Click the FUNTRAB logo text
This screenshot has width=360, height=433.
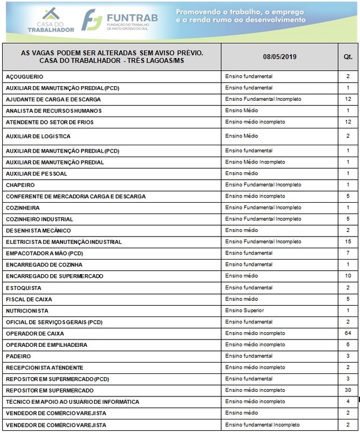[131, 16]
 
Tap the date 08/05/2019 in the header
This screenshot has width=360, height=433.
[279, 57]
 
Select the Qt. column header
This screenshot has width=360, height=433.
[348, 57]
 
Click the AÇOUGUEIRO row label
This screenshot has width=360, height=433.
[24, 77]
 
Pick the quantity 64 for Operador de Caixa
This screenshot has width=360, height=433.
[348, 333]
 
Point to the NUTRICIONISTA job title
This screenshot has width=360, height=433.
[27, 311]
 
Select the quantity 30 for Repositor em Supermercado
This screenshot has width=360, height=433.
[348, 390]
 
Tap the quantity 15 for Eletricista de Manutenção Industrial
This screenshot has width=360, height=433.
[348, 242]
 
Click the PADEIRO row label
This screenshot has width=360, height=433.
[18, 356]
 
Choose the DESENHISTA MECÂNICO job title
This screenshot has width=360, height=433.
[38, 230]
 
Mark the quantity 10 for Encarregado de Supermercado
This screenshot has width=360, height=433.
[348, 276]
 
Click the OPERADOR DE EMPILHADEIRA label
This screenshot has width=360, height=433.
[47, 345]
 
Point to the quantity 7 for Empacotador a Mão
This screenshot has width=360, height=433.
[348, 253]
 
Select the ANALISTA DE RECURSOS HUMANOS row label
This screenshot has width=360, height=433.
[53, 110]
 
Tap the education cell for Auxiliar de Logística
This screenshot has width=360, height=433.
[241, 136]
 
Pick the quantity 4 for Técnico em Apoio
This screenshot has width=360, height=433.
[348, 401]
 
